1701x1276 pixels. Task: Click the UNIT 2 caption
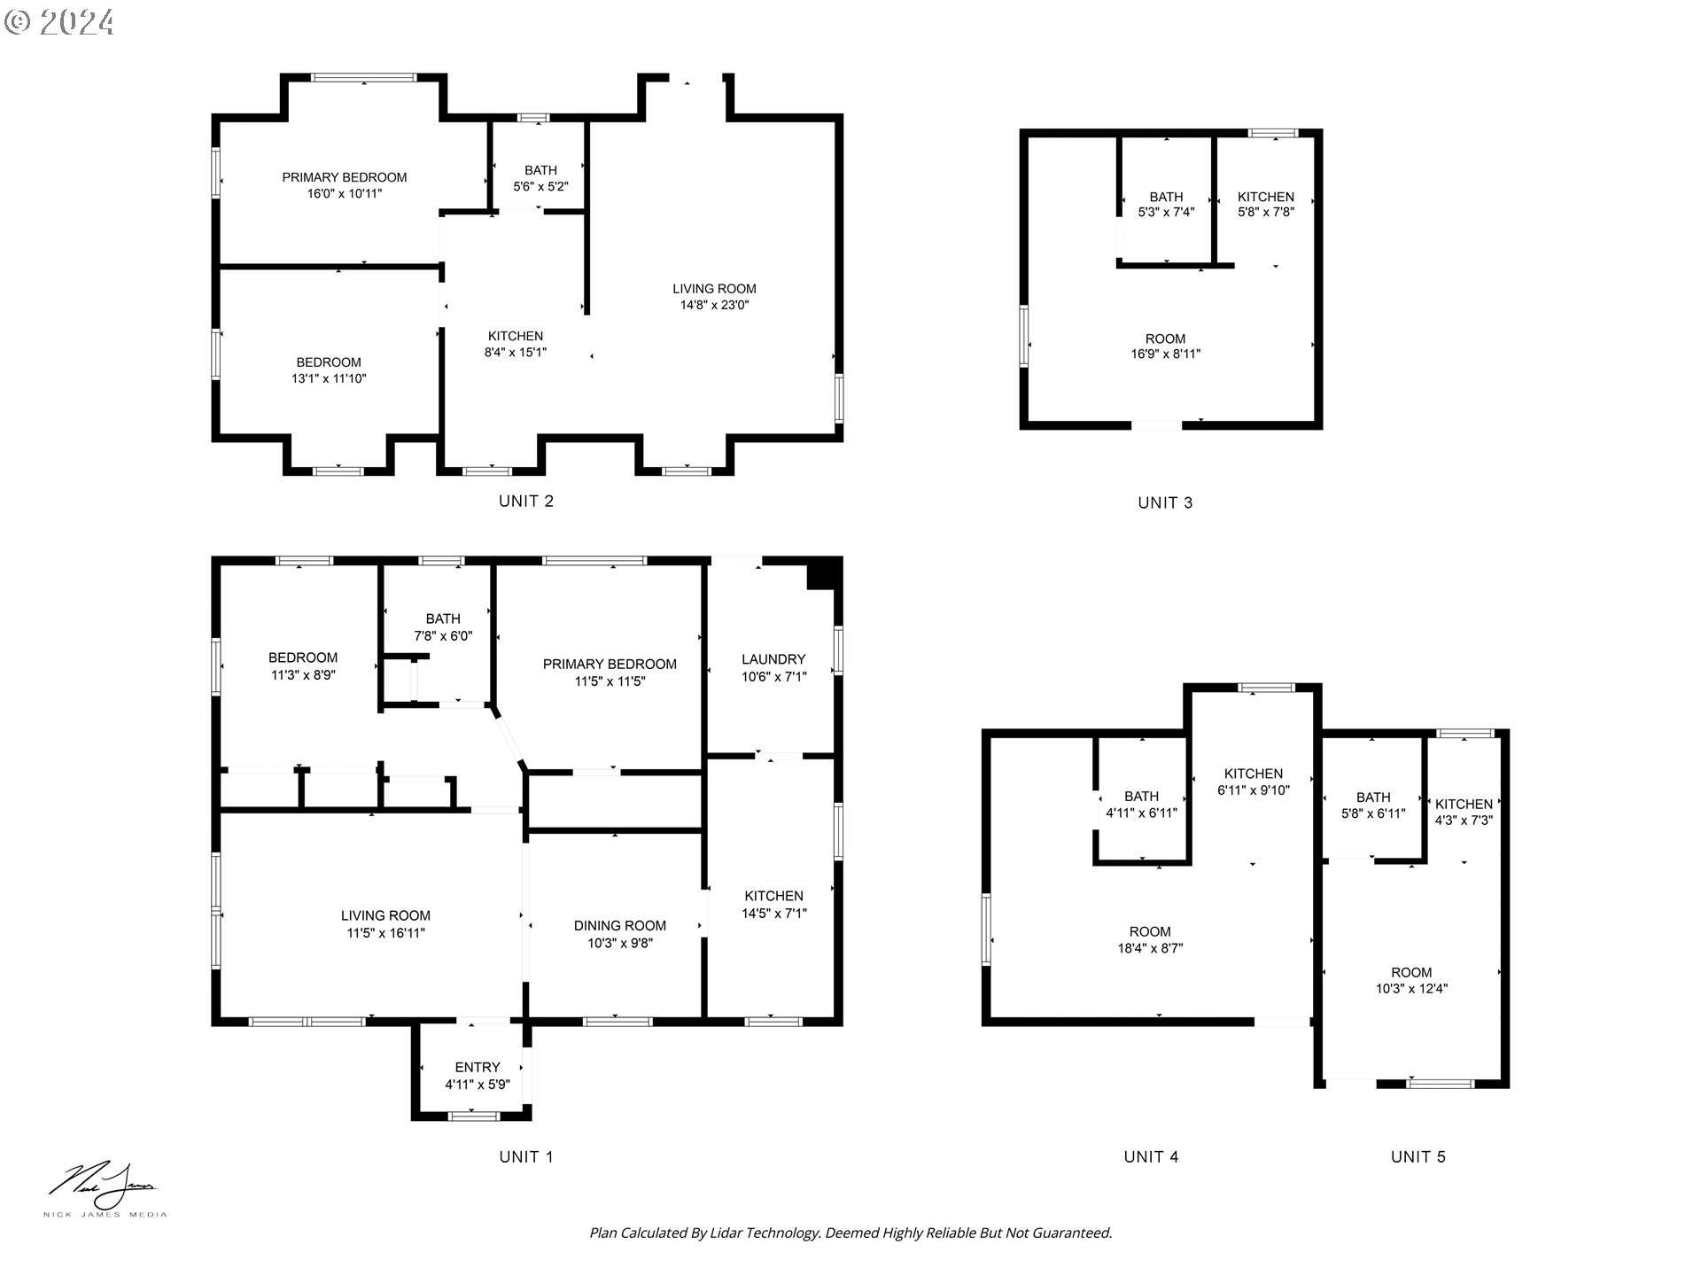525,501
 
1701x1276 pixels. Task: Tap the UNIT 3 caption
1165,502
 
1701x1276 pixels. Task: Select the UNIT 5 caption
1417,1156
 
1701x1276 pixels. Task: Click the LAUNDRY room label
773,659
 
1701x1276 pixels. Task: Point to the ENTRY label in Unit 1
478,1067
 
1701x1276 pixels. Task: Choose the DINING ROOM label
619,926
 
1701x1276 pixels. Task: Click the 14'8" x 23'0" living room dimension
714,306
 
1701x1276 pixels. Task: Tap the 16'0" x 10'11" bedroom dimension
345,193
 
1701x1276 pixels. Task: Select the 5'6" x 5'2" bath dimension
540,187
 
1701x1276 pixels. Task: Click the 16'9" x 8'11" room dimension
1165,354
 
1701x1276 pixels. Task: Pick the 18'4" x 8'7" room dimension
1150,948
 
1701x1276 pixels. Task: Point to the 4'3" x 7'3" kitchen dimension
1464,821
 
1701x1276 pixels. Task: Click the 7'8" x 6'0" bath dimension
443,636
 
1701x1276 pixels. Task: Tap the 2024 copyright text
59,21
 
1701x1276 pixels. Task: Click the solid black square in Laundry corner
823,573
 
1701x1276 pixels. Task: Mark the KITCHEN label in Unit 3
1266,197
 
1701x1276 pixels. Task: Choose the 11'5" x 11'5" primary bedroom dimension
610,681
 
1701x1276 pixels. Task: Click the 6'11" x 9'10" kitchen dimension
1254,790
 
